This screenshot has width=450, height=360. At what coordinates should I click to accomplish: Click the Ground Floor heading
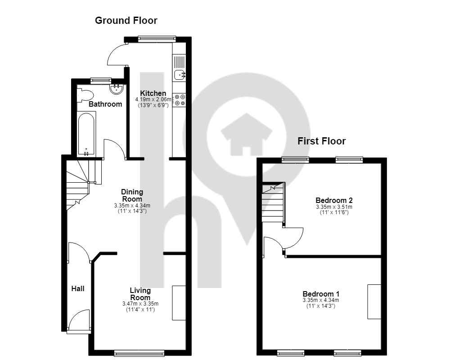[x=126, y=20]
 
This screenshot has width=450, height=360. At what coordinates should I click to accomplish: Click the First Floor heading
[x=321, y=141]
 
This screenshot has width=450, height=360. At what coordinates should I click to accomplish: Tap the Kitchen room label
[x=153, y=93]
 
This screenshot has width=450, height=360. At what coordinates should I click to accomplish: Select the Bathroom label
[x=105, y=104]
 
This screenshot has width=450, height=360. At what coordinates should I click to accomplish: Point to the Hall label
[x=78, y=288]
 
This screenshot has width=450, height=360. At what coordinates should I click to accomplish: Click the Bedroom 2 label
[x=334, y=200]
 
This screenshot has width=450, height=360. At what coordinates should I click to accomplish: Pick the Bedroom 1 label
[x=321, y=294]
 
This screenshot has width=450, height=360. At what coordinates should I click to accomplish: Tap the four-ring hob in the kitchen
[x=180, y=100]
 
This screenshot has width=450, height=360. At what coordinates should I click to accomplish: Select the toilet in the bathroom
[x=85, y=95]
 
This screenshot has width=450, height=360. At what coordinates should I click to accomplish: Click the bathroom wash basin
[x=117, y=89]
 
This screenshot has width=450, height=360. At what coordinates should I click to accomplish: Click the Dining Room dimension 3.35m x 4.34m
[x=132, y=206]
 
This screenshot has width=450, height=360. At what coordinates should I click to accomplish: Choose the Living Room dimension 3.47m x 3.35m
[x=140, y=304]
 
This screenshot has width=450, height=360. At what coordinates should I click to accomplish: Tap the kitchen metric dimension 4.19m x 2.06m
[x=153, y=99]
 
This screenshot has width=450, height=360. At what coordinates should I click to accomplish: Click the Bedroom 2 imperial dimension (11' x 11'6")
[x=334, y=212]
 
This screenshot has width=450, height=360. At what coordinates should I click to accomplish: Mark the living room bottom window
[x=139, y=353]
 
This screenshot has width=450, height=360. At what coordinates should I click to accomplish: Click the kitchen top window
[x=157, y=38]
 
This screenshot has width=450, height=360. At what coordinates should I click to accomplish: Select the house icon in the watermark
[x=246, y=134]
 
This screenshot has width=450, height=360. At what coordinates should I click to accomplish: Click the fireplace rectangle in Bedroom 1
[x=374, y=301]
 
